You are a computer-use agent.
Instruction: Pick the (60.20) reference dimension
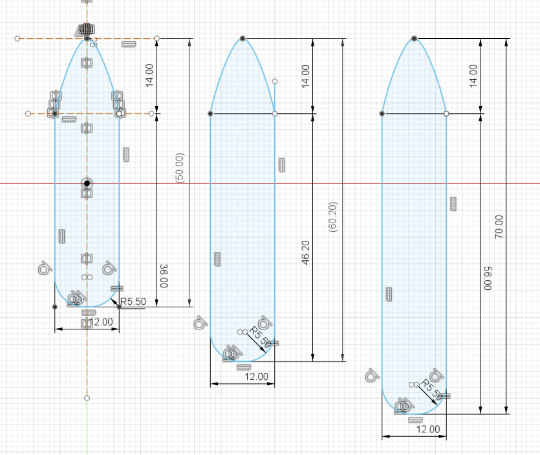pos(333,217)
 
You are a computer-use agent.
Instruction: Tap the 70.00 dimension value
pos(499,227)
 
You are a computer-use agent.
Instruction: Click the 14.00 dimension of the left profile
pos(149,76)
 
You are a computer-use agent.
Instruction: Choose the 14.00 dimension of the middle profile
pos(306,76)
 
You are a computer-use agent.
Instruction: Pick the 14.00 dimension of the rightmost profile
pos(473,76)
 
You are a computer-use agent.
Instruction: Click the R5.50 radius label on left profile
pos(133,301)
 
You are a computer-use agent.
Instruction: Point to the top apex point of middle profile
pos(243,39)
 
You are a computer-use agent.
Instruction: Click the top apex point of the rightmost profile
pos(414,39)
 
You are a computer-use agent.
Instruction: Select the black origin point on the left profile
pos(87,183)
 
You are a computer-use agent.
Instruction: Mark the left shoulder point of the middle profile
pos(211,113)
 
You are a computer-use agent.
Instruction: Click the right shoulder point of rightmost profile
pos(446,113)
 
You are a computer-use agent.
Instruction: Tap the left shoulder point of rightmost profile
pos(382,113)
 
